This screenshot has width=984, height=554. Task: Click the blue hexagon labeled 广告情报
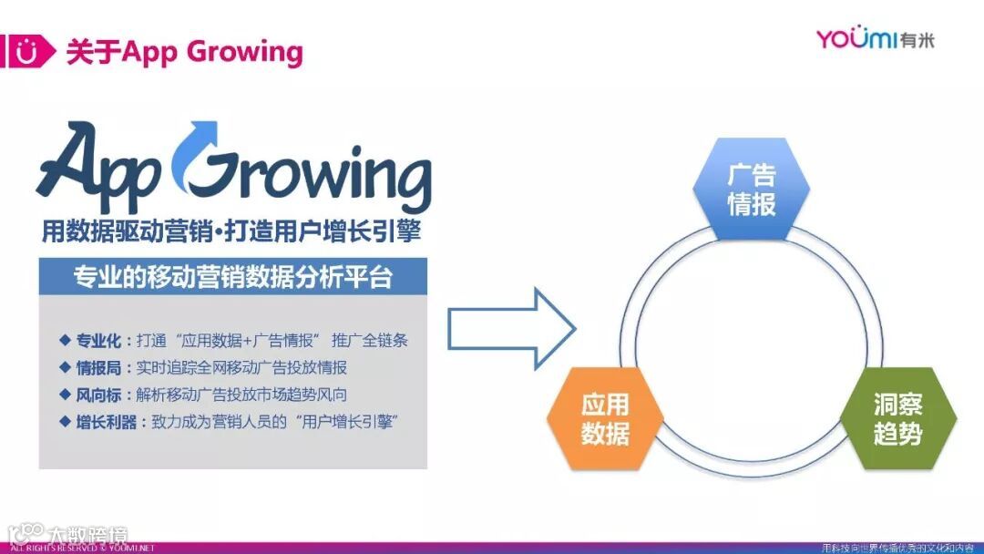751,190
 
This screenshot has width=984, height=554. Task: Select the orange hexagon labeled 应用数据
605,418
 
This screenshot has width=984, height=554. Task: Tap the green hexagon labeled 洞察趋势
897,418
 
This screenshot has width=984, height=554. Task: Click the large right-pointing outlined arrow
511,329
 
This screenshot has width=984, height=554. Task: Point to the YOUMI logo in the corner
874,39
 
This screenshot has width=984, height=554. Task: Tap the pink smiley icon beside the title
29,52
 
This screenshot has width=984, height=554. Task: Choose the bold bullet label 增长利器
108,422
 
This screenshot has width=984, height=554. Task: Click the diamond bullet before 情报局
65,367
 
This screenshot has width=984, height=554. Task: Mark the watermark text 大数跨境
87,535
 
